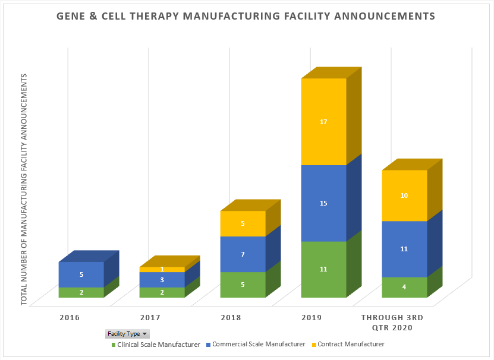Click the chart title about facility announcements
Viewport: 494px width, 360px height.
point(246,16)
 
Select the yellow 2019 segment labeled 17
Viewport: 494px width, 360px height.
point(323,122)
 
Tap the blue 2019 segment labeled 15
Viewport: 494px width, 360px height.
point(323,203)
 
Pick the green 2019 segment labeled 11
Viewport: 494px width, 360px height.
point(323,269)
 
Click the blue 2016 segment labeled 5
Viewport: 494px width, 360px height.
point(81,274)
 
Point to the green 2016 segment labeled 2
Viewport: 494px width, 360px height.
point(81,292)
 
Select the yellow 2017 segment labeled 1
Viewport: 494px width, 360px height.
point(162,270)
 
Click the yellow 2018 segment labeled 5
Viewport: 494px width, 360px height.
point(243,224)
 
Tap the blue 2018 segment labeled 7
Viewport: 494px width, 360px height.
point(243,254)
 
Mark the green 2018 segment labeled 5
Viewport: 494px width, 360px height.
point(243,285)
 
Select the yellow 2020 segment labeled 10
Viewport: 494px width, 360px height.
point(404,195)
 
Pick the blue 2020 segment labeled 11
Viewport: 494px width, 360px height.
point(404,249)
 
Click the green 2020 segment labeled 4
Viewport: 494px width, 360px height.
point(404,287)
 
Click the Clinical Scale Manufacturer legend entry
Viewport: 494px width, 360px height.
point(156,345)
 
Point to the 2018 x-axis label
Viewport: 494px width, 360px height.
point(230,318)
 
